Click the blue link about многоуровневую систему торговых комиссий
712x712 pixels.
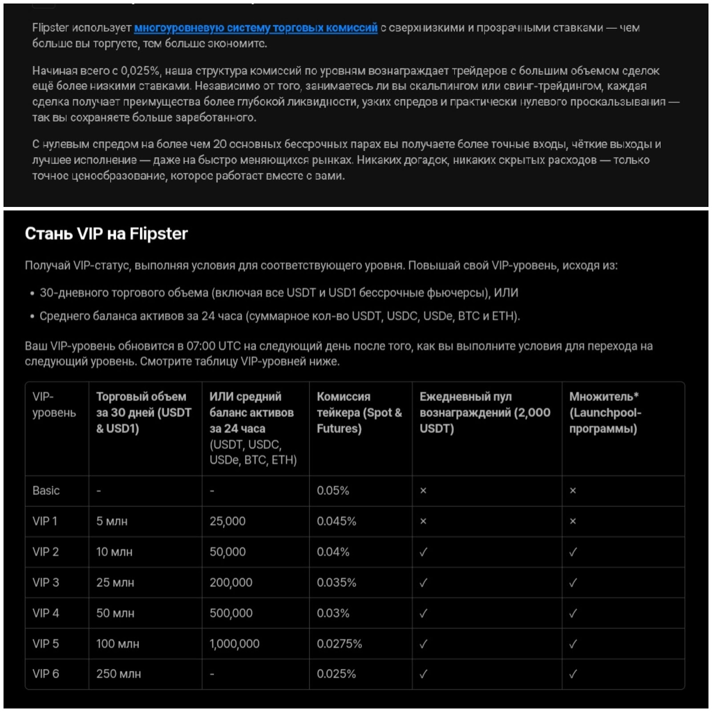(255, 28)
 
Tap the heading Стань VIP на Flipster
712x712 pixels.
(106, 234)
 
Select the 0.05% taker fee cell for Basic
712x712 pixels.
(333, 490)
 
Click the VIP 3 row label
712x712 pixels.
(46, 582)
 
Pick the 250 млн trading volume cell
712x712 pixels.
(118, 674)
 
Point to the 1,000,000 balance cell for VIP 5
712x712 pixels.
(235, 643)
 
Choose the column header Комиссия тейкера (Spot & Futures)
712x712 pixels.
(359, 413)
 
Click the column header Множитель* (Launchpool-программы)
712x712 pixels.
(605, 413)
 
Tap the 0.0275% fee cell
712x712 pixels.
(339, 643)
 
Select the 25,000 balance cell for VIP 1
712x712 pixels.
(227, 521)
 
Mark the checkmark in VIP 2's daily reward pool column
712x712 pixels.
(423, 552)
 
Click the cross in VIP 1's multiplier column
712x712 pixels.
(573, 521)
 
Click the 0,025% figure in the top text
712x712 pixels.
(140, 71)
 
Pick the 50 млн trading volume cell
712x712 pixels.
(115, 613)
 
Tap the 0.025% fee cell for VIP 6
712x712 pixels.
(336, 674)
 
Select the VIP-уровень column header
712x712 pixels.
(54, 405)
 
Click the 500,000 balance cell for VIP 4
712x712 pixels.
(231, 613)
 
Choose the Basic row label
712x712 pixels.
(46, 490)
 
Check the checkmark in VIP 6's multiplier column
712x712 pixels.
(573, 674)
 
